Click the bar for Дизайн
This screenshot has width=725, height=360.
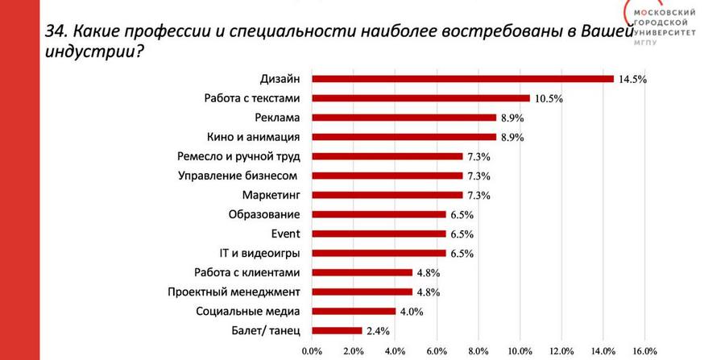click(x=462, y=79)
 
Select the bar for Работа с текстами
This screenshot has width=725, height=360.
click(x=420, y=98)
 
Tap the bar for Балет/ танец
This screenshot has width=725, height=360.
click(x=337, y=330)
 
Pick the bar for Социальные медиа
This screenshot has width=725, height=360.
click(x=354, y=311)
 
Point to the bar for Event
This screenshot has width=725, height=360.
click(x=379, y=234)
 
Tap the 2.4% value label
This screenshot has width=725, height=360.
click(x=379, y=331)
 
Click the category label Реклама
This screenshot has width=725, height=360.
click(x=277, y=118)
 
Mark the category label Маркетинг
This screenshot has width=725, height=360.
click(x=271, y=195)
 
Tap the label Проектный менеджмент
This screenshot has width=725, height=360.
click(x=234, y=292)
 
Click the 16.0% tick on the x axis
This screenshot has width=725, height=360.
click(x=645, y=351)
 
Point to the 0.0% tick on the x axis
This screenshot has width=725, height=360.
click(x=312, y=351)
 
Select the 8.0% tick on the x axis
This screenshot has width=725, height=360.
click(x=478, y=351)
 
